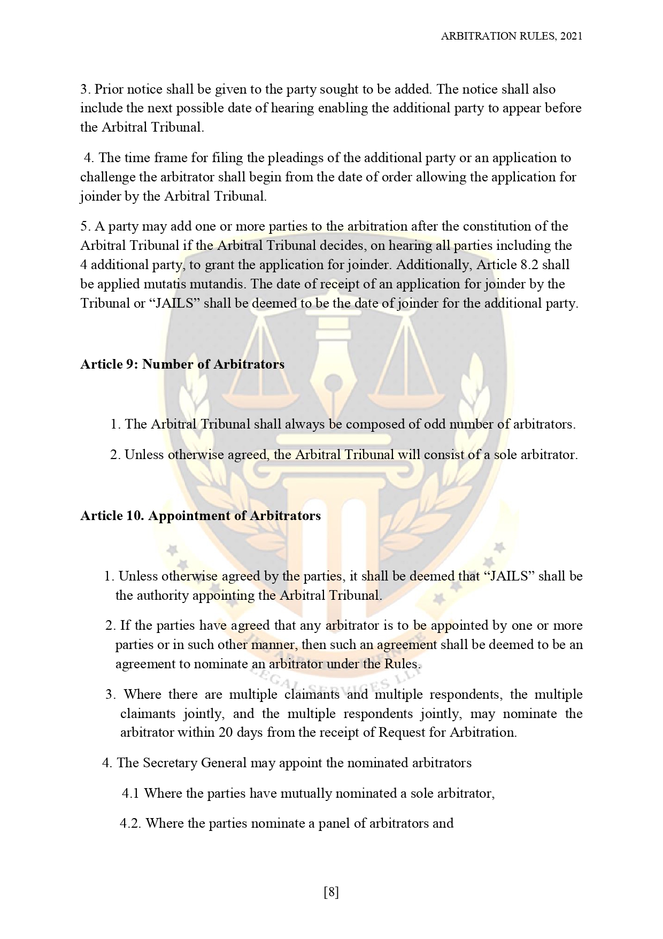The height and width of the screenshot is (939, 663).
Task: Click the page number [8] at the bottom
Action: (x=331, y=892)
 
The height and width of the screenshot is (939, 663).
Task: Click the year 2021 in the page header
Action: (x=572, y=36)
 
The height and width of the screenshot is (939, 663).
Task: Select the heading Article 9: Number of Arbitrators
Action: (x=182, y=364)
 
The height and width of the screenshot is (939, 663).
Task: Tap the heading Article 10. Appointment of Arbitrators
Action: (x=201, y=516)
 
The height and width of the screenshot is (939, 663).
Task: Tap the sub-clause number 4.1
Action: (x=130, y=793)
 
